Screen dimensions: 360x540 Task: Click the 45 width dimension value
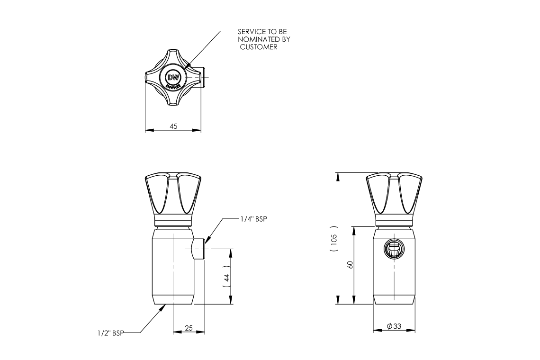point(173,126)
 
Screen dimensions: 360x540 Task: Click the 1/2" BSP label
point(108,333)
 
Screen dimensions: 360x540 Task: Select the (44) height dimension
point(226,277)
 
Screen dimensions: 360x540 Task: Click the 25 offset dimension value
point(189,328)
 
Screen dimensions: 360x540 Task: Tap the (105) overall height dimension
point(334,239)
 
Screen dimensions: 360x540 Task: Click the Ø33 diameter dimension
point(394,326)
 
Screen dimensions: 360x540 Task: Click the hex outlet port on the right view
point(393,249)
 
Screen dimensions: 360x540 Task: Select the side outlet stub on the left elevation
point(199,250)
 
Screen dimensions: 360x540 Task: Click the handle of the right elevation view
point(394,194)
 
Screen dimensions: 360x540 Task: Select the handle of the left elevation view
point(173,194)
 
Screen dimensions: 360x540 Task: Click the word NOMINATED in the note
point(263,39)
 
